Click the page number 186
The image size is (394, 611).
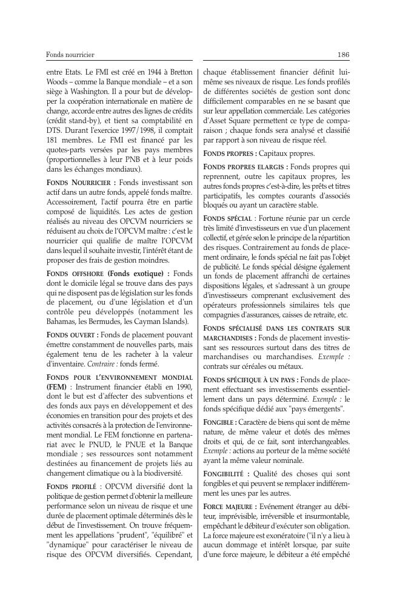pyautogui.click(x=343, y=55)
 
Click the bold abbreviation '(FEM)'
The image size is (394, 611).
pyautogui.click(x=57, y=387)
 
